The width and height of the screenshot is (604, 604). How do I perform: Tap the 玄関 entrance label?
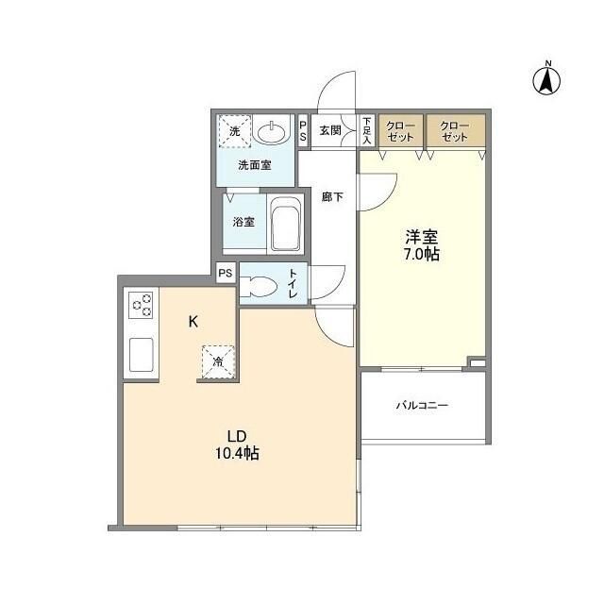click(x=330, y=130)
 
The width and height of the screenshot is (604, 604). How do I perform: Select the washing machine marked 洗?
click(x=235, y=131)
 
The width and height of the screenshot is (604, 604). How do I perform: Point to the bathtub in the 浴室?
click(x=285, y=224)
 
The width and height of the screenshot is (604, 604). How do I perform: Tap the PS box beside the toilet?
click(x=226, y=273)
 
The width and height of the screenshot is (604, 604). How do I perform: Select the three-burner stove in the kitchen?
click(x=141, y=305)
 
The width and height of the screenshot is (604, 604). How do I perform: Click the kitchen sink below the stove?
click(x=141, y=355)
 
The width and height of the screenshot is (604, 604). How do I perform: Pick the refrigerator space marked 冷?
click(x=218, y=361)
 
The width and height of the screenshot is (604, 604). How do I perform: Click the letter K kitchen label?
click(x=193, y=321)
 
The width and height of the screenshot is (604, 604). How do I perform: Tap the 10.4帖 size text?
click(x=237, y=453)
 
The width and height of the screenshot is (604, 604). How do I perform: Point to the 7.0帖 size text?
click(x=422, y=255)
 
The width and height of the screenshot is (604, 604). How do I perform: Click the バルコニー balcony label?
click(x=422, y=405)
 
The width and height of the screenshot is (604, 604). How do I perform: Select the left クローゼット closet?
click(x=401, y=130)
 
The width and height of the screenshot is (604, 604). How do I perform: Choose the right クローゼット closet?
click(x=455, y=130)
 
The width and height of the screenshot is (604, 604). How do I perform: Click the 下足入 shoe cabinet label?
click(x=366, y=130)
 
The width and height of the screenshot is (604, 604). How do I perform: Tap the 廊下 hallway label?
click(x=332, y=197)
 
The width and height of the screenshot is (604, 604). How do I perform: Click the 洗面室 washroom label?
click(x=255, y=166)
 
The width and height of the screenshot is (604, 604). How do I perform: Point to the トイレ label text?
click(x=294, y=283)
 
